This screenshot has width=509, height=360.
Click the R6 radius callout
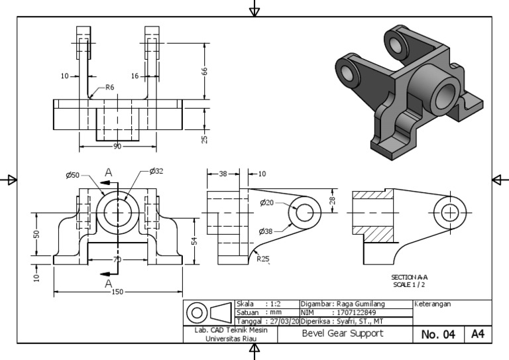click(110, 87)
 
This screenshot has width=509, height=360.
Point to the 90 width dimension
click(117, 146)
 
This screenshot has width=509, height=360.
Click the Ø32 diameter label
click(156, 171)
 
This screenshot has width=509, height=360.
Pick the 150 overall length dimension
click(117, 292)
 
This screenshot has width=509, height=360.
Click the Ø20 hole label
click(267, 202)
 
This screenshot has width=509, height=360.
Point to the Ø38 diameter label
click(268, 231)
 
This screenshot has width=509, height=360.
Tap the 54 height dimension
click(195, 241)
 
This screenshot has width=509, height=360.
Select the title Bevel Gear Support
click(345, 333)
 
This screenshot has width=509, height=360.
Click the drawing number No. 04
click(438, 335)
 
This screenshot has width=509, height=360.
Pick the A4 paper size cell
click(478, 334)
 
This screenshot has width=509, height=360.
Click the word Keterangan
click(433, 304)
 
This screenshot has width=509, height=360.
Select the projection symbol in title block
click(208, 312)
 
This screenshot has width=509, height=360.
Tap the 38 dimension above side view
click(223, 174)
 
